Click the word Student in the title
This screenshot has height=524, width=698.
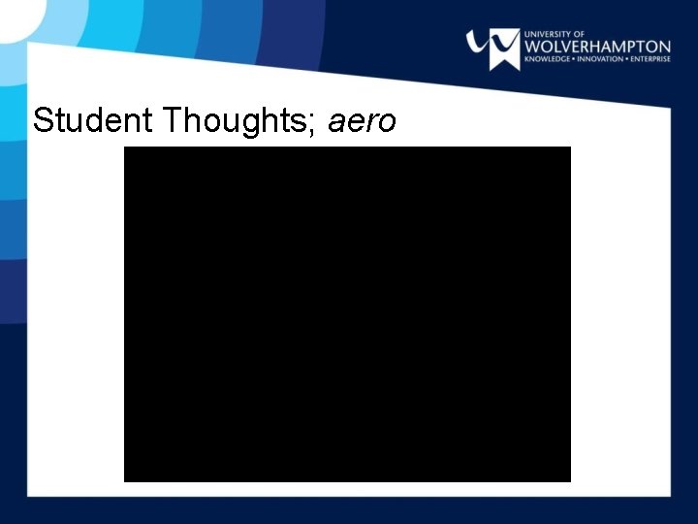tap(94, 120)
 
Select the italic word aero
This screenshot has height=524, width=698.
tap(363, 122)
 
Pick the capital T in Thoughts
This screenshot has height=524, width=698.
tap(173, 120)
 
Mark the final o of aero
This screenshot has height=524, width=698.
tap(387, 123)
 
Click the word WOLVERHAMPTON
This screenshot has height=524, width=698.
tap(597, 46)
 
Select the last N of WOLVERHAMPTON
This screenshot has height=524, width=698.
tap(664, 46)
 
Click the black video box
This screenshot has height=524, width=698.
tap(347, 313)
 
